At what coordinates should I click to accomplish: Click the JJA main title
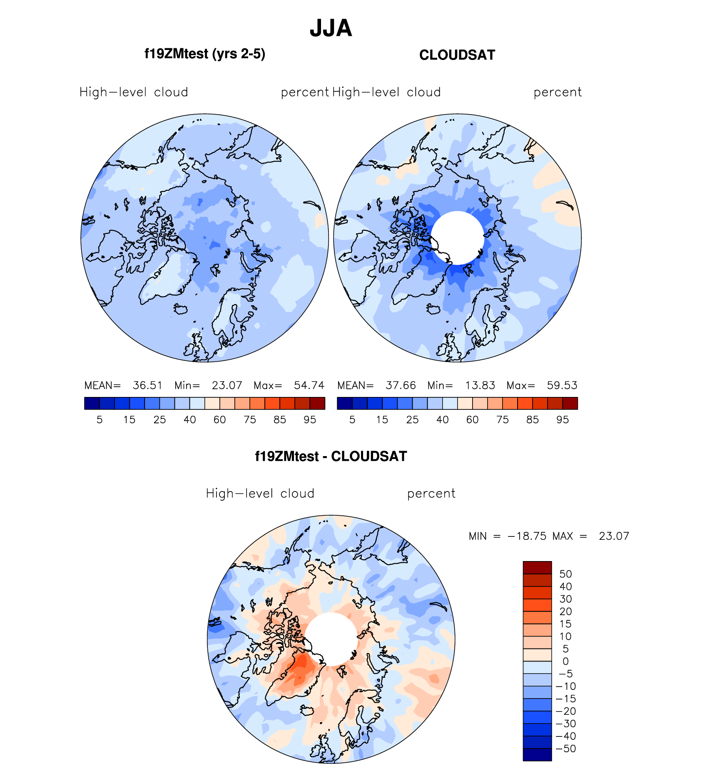331,29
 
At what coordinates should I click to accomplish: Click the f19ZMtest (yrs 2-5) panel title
204,54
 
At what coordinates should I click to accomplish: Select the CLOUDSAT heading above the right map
457,55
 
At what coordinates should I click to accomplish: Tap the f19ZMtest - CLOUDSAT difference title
331,457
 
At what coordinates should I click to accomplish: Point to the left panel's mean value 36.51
147,385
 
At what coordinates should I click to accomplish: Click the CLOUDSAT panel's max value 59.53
562,385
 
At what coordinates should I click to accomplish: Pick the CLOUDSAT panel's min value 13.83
480,385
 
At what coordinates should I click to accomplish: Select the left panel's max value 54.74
309,385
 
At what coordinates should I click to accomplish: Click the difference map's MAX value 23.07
614,536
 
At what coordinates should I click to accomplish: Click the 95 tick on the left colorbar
310,420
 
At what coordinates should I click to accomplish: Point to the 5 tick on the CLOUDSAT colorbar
352,420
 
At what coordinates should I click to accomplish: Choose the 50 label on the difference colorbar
565,574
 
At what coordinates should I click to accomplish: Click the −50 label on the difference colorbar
565,749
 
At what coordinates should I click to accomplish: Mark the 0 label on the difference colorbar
565,661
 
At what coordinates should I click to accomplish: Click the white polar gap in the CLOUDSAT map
457,238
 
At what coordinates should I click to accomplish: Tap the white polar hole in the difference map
331,639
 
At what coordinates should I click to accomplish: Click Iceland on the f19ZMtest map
181,309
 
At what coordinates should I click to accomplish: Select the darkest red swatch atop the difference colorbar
537,568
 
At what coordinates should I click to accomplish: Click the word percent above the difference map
431,494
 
